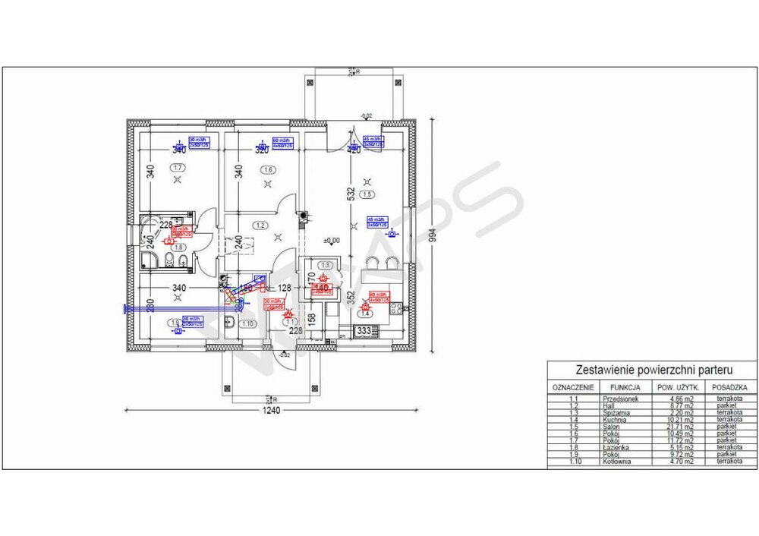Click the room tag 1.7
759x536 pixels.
tap(178, 168)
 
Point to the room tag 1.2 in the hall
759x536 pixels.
tap(260, 225)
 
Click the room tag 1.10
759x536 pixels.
tap(247, 324)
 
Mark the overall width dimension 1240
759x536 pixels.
tap(271, 411)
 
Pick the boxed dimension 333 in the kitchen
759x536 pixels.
tap(364, 331)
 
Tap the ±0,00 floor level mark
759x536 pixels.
tap(331, 241)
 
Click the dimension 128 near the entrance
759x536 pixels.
tap(285, 288)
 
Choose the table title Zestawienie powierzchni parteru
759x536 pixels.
tap(653, 370)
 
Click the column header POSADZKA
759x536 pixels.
tap(732, 388)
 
